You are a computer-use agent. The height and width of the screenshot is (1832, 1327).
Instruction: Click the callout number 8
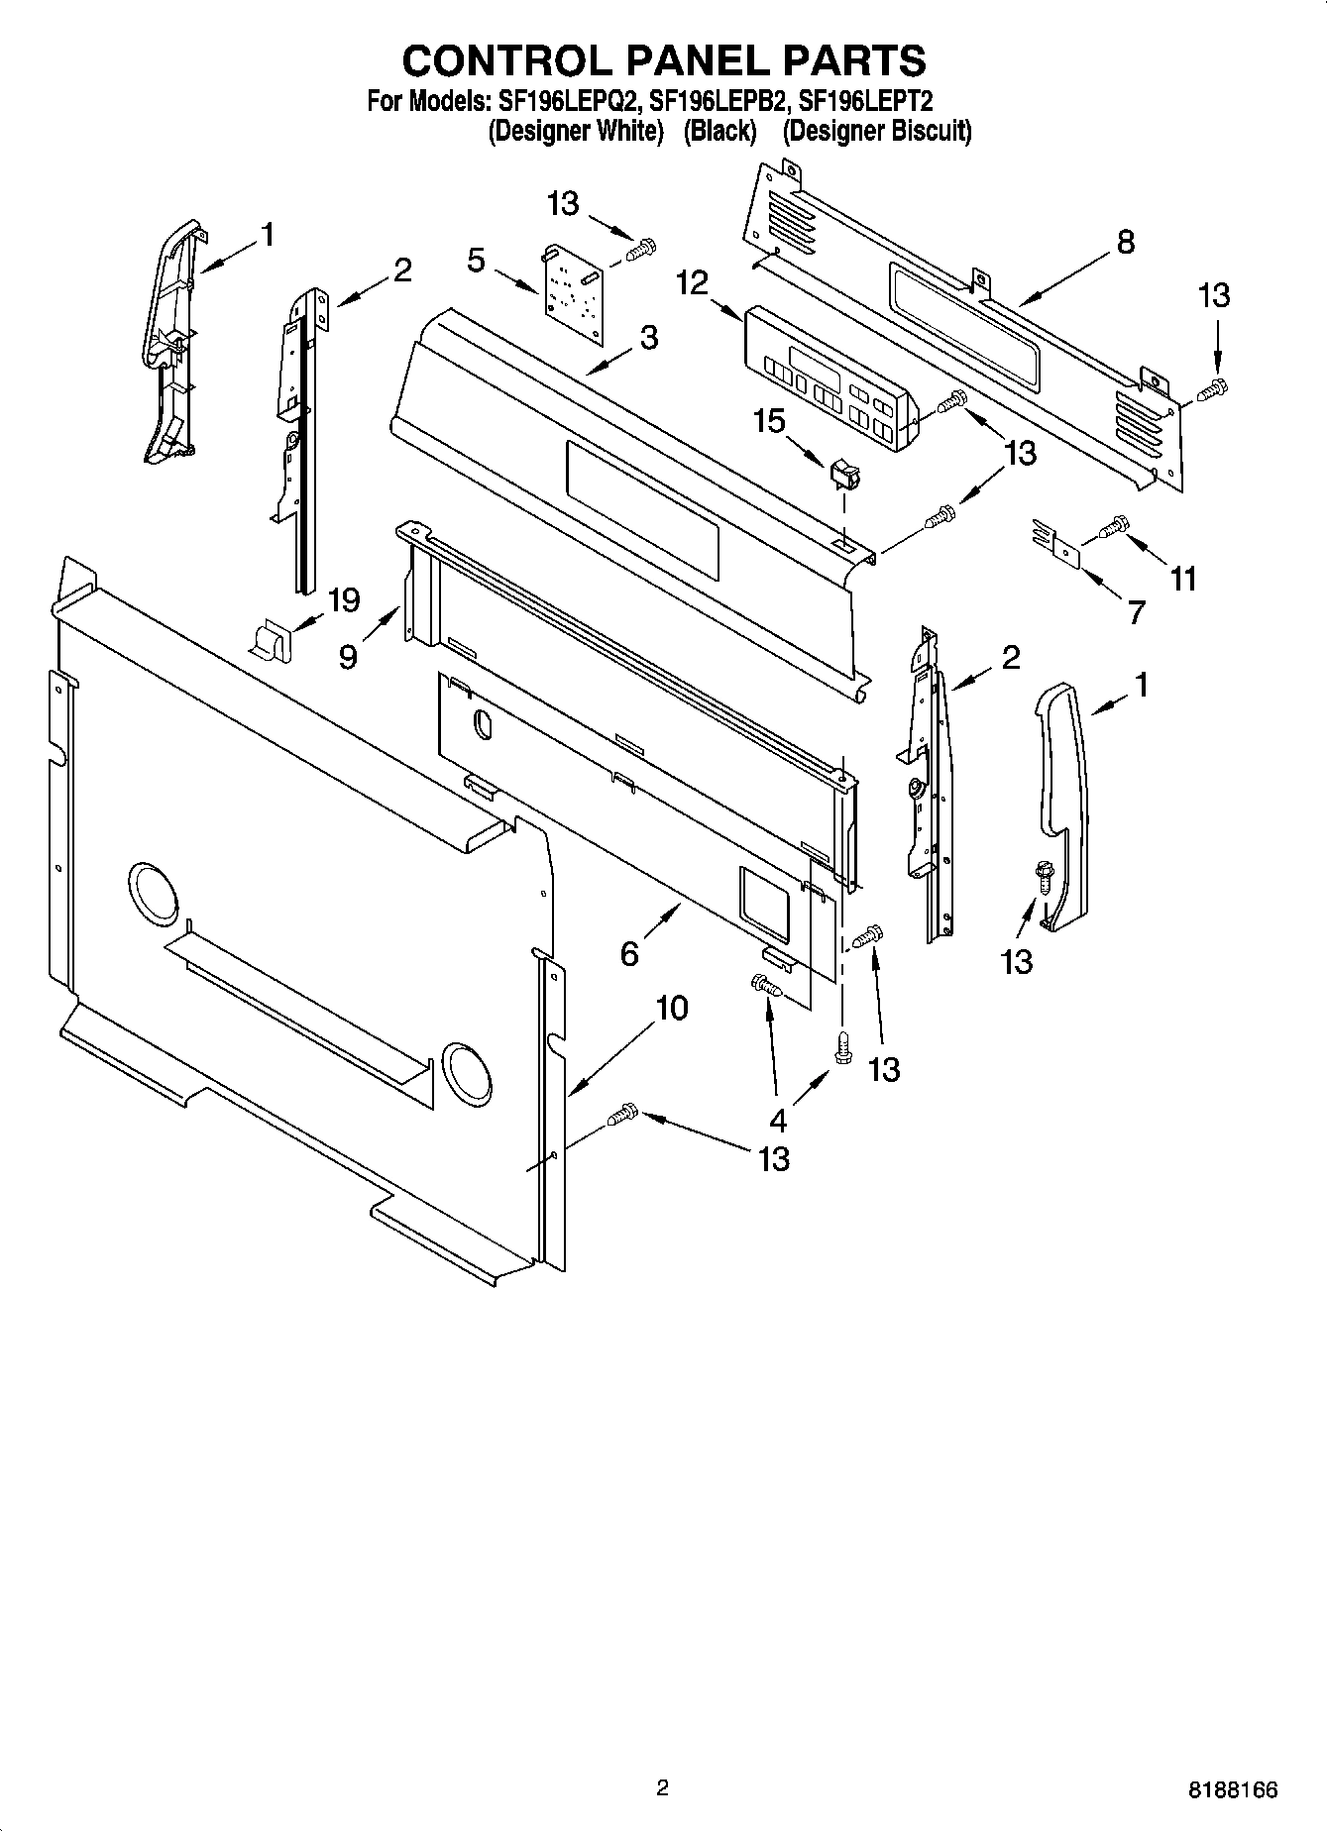(1125, 243)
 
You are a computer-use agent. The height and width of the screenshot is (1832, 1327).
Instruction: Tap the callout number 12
(693, 283)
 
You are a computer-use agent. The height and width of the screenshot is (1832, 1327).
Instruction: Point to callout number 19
(344, 599)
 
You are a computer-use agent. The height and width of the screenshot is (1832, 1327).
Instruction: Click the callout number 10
(671, 1009)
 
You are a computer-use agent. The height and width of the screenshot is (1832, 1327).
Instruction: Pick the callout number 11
(1183, 578)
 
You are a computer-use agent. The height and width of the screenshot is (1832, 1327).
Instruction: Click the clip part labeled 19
(270, 640)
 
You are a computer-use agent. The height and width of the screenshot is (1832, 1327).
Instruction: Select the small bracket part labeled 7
(1054, 546)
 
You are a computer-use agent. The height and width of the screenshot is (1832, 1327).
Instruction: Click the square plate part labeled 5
(572, 294)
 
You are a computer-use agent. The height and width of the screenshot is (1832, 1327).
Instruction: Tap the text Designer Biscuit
(877, 132)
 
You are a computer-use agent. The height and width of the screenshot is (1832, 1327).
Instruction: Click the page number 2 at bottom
(662, 1788)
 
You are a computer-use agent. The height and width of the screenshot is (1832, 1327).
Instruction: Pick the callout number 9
(348, 656)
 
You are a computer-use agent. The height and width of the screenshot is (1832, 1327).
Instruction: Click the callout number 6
(629, 953)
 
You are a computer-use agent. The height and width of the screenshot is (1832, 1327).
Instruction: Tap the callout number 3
(648, 338)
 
